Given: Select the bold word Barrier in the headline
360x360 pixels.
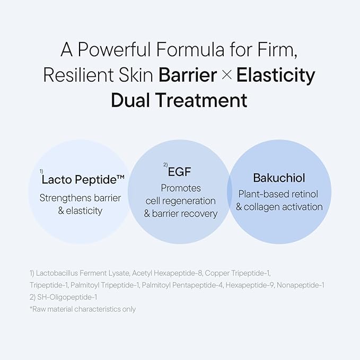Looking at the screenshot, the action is pyautogui.click(x=188, y=75).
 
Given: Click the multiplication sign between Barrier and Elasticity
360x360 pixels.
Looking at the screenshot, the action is pyautogui.click(x=227, y=75).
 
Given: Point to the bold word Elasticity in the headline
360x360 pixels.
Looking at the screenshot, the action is pyautogui.click(x=276, y=76).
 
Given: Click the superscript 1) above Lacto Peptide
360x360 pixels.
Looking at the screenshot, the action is pyautogui.click(x=41, y=171).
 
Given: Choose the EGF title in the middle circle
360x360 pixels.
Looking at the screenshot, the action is pyautogui.click(x=179, y=172).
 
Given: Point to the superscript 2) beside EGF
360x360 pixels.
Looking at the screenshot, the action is pyautogui.click(x=165, y=164).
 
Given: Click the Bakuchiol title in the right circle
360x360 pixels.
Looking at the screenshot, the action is pyautogui.click(x=279, y=178).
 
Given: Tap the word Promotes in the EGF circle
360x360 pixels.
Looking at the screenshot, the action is pyautogui.click(x=181, y=188).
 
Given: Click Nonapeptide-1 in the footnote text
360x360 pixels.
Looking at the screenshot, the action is pyautogui.click(x=301, y=285).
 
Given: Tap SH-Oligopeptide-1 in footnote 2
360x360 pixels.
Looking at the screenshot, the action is pyautogui.click(x=67, y=297).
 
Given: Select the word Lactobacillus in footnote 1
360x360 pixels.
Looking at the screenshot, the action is pyautogui.click(x=57, y=273).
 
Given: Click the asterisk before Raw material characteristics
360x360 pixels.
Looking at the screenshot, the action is pyautogui.click(x=31, y=308).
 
